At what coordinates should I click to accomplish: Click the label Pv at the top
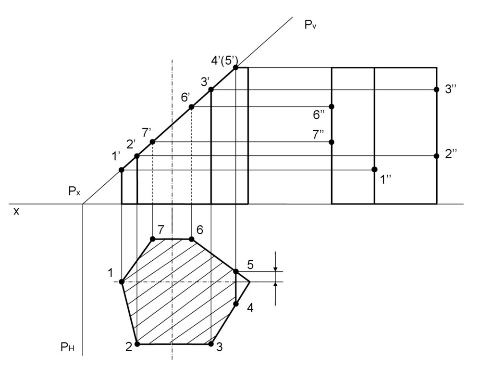tap(310, 25)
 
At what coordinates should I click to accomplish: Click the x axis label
tap(16, 211)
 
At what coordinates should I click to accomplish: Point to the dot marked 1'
tap(122, 170)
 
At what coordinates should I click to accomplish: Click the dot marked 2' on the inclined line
tap(137, 156)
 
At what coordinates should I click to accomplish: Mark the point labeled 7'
tap(153, 142)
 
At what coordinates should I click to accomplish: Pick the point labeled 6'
tap(191, 107)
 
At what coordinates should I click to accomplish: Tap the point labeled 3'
tap(211, 89)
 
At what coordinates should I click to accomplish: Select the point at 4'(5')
tap(235, 68)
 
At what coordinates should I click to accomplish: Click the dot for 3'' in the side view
tap(436, 89)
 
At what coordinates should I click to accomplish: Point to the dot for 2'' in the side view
tap(436, 156)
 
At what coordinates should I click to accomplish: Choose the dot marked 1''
tap(374, 169)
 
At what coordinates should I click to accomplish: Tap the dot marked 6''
tap(332, 106)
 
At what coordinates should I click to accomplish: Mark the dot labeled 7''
tap(332, 142)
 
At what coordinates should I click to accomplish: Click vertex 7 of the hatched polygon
tap(153, 239)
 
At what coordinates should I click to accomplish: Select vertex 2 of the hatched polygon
tap(137, 344)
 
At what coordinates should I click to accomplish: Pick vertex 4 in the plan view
tap(236, 304)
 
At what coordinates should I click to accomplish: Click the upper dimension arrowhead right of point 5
tap(275, 268)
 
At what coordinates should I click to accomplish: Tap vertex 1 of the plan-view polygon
tap(122, 281)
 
